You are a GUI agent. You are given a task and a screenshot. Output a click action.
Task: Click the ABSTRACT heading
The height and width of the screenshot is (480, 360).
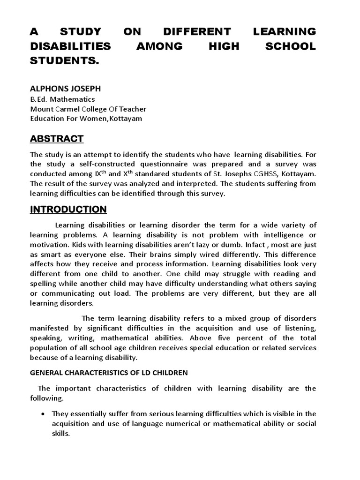(x=57, y=138)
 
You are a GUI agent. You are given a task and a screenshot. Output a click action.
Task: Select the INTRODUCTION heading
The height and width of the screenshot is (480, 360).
(x=68, y=209)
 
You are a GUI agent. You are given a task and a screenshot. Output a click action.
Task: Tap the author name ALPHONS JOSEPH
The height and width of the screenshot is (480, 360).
(x=65, y=88)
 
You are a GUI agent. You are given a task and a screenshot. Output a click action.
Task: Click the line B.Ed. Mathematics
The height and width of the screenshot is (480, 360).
(x=62, y=99)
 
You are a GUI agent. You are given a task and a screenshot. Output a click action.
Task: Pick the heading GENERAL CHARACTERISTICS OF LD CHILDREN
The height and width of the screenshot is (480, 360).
(x=109, y=373)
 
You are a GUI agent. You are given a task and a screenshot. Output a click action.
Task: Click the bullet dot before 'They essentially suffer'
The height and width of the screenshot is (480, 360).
(x=43, y=414)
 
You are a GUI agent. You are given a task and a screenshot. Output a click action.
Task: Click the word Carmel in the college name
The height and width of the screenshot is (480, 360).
(x=71, y=109)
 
